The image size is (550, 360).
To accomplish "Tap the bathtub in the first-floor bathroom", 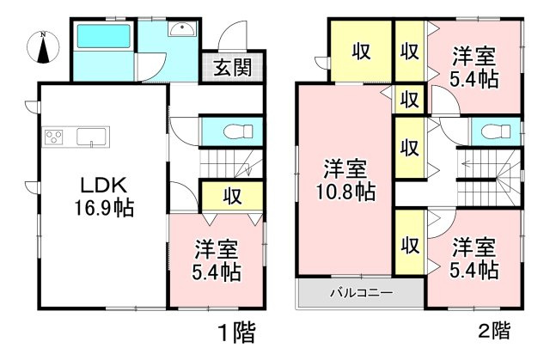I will (x=103, y=39).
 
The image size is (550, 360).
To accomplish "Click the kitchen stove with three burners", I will (x=54, y=137).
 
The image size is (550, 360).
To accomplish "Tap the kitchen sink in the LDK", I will (x=90, y=137).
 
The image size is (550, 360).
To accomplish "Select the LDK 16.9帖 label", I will (x=106, y=197).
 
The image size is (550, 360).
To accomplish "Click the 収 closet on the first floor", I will (x=231, y=195).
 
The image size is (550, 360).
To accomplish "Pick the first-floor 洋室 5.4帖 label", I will (x=216, y=261).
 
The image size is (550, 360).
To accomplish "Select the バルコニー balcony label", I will (x=361, y=293).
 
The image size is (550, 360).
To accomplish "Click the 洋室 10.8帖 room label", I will (x=348, y=179).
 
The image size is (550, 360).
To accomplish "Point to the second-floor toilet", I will (x=493, y=132).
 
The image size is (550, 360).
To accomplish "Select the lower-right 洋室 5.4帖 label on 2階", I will (x=474, y=259).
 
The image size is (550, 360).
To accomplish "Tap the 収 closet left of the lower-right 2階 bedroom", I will (x=410, y=245).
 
